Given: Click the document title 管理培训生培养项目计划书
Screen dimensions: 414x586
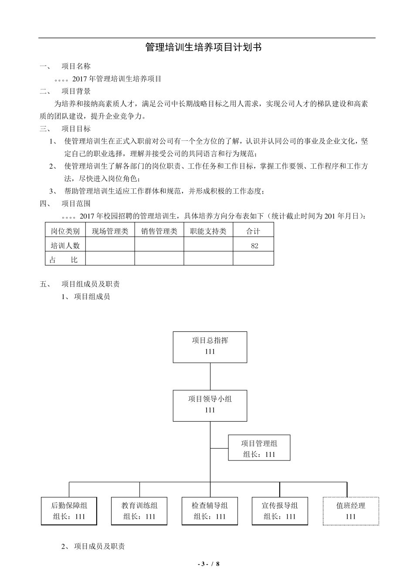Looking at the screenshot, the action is pos(203,48).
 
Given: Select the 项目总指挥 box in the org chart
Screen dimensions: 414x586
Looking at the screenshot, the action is pos(210,347).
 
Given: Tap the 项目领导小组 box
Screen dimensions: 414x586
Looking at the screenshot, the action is pos(210,405).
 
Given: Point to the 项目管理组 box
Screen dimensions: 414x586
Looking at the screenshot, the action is pos(259,448).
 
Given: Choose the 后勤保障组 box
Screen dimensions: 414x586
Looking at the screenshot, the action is pos(69,511).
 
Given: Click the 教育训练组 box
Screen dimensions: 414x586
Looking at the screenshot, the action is pos(139,511).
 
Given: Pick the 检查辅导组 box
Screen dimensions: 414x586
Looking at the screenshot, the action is pos(210,511).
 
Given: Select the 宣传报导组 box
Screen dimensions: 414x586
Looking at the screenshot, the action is pos(280,511).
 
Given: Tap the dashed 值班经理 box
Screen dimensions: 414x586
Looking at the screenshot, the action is pos(350,511).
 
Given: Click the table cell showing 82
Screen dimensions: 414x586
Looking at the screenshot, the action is pos(254,245).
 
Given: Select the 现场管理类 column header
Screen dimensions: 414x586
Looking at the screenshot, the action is pos(110,231).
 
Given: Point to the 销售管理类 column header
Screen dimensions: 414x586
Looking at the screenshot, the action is pos(159,231).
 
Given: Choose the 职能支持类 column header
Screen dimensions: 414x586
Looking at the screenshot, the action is pos(208,231).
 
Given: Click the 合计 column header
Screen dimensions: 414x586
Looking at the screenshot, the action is pos(253,231).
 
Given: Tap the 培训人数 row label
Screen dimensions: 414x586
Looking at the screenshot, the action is pos(65,245).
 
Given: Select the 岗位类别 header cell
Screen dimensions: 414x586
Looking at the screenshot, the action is pos(65,231).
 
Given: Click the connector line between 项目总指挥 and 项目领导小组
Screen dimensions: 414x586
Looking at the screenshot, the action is pos(210,376).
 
